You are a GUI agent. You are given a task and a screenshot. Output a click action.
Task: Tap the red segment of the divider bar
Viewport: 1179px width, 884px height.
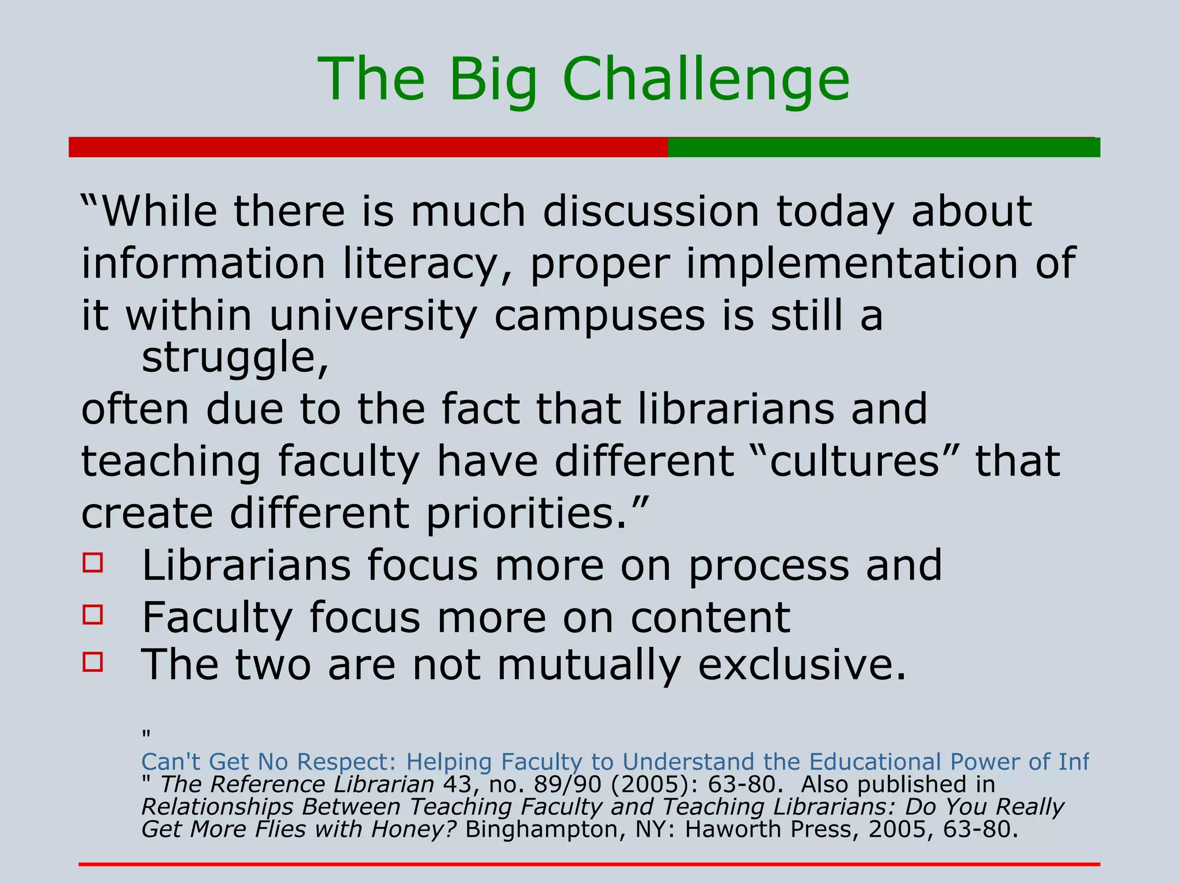point(368,147)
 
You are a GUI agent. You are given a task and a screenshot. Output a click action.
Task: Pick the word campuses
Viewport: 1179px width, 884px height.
point(599,317)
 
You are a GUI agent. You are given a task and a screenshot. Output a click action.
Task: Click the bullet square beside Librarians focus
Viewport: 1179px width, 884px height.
point(93,562)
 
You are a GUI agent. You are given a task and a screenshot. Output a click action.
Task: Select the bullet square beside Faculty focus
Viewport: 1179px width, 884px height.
point(93,614)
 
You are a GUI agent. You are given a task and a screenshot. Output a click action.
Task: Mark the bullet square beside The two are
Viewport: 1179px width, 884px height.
point(93,662)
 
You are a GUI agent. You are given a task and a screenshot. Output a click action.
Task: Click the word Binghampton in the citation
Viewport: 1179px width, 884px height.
point(543,829)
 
